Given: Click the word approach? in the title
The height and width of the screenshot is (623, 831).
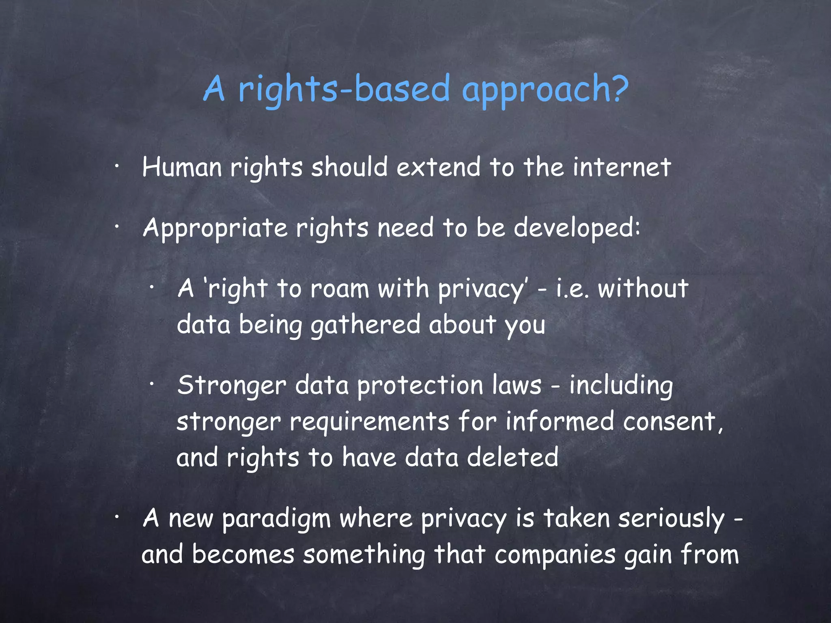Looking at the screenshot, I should (x=545, y=90).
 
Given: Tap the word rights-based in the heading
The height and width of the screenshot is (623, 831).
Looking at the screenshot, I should (x=344, y=90).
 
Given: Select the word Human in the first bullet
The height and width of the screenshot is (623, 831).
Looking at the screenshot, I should (x=182, y=168).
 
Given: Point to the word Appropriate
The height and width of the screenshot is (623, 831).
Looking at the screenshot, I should (x=215, y=228).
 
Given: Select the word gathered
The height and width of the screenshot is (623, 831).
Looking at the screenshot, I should (x=366, y=326).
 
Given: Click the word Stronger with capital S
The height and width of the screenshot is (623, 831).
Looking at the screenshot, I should (x=232, y=386).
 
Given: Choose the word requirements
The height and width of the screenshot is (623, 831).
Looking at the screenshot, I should (x=369, y=422).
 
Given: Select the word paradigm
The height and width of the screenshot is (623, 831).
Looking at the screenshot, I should (x=276, y=519).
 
